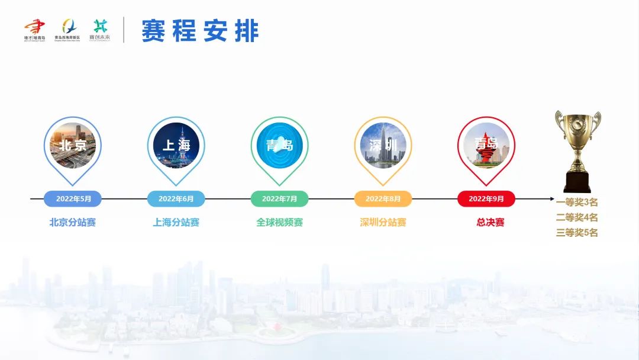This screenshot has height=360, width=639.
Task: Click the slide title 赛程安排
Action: pos(200,31)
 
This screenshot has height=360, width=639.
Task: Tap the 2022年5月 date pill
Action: pos(73,199)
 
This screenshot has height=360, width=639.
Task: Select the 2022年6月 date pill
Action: pos(176,199)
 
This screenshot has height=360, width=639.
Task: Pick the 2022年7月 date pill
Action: pos(280,199)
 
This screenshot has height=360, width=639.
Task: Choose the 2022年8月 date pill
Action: pos(383,199)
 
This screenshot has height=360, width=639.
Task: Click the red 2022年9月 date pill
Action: pos(486,199)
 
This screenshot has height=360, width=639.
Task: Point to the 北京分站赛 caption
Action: pos(73,223)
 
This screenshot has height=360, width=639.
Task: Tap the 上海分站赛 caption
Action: pos(176,223)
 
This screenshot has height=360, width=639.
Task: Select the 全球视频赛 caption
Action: pos(280,223)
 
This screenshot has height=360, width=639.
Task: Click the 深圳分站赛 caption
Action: pos(383,223)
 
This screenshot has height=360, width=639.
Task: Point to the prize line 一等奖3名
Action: pos(577,202)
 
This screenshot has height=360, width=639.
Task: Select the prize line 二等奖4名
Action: pos(577,217)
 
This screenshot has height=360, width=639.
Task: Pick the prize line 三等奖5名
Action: pos(577,233)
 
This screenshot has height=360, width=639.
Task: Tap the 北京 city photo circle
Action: pos(73,145)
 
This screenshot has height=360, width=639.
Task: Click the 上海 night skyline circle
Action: pos(176,145)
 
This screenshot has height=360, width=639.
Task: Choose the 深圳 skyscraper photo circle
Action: pos(383,145)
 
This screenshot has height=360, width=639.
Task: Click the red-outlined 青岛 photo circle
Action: pos(486,145)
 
